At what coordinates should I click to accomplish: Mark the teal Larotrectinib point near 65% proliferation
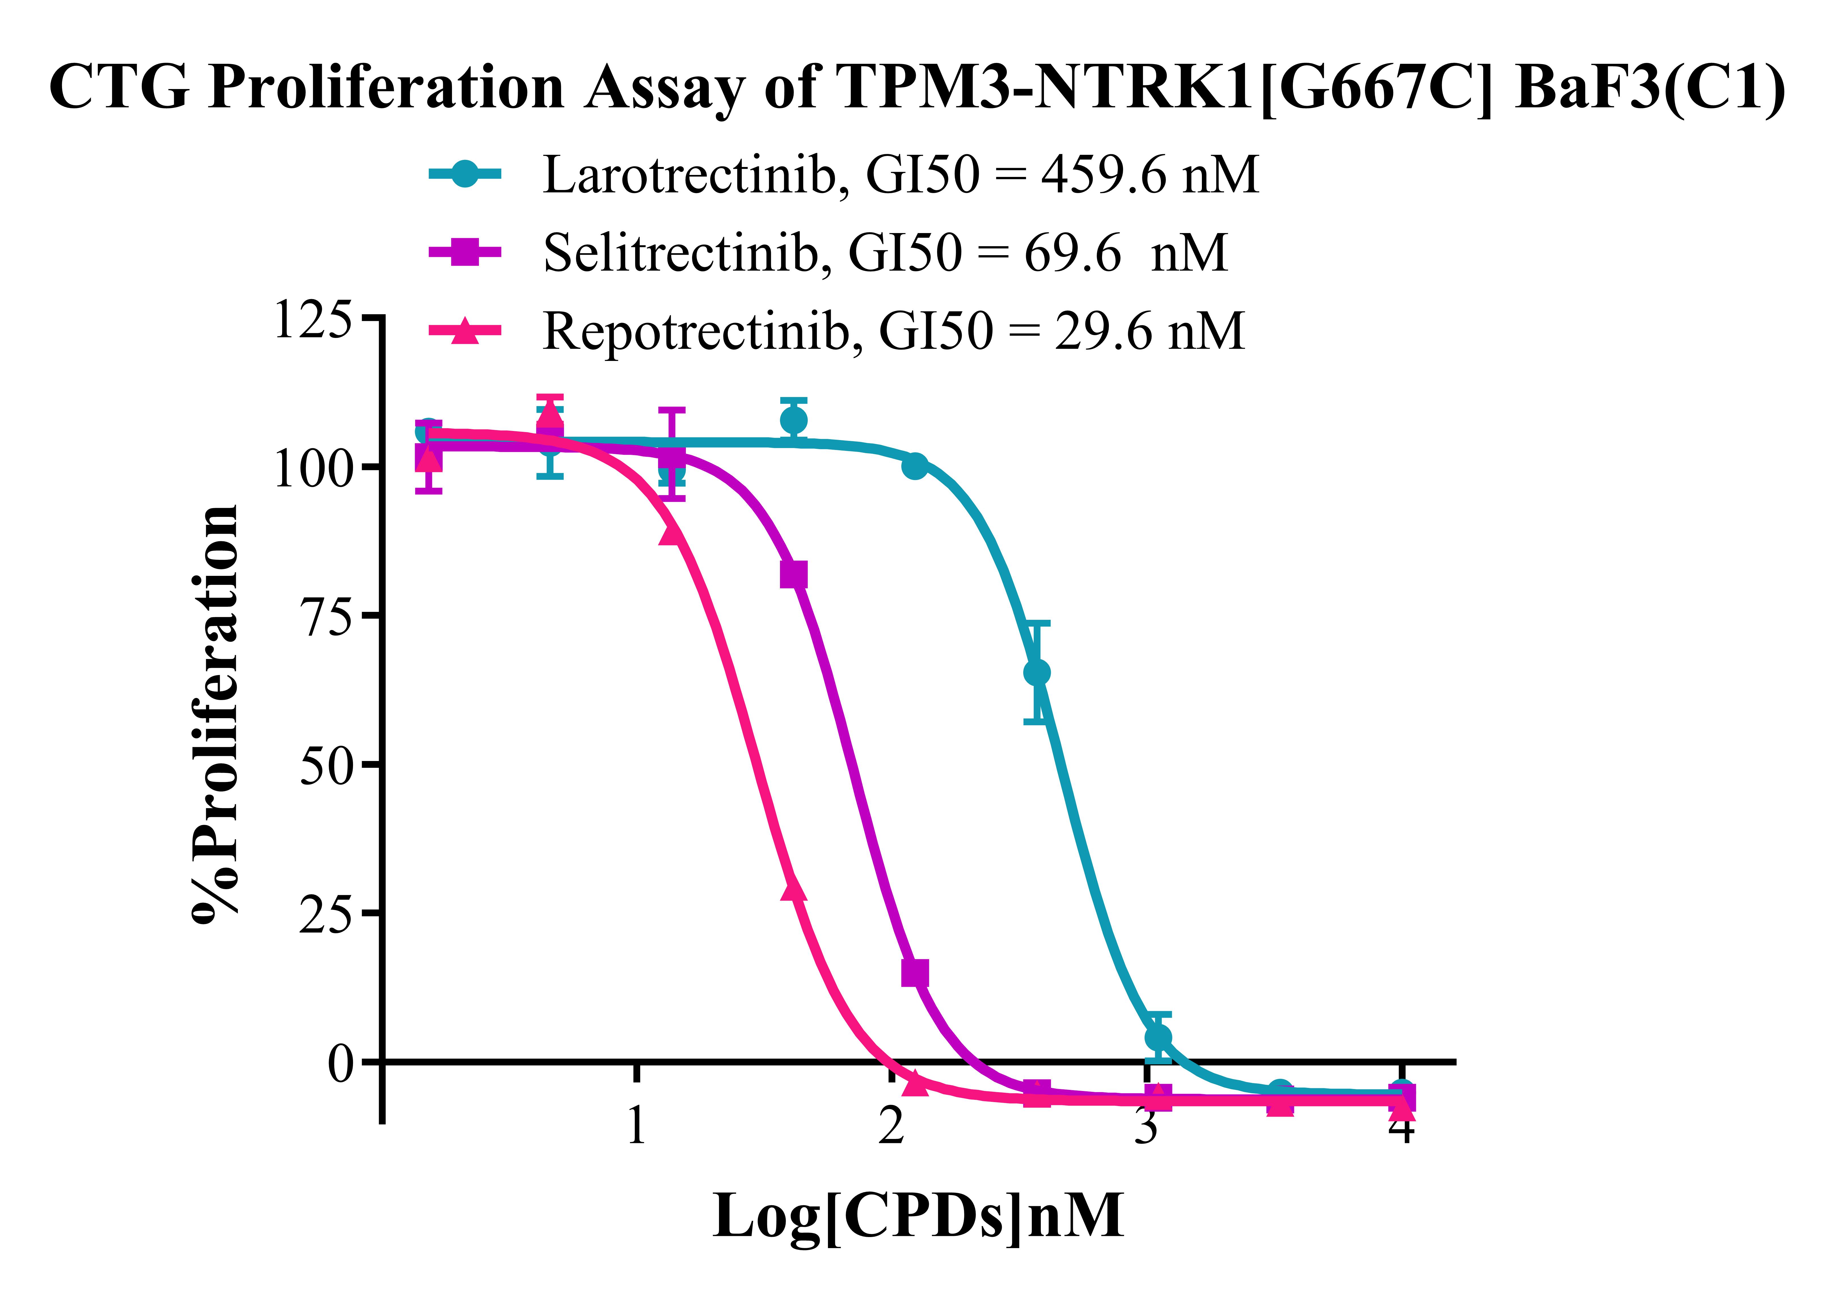1037,673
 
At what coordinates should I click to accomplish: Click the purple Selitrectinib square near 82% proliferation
793,574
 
